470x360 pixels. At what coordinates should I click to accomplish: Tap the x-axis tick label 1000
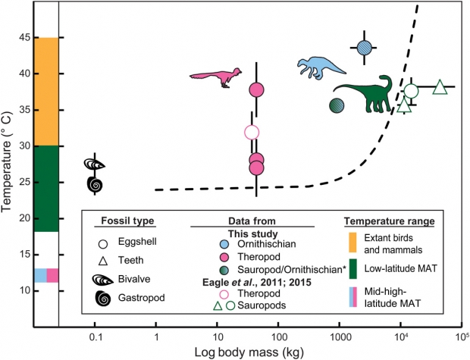pos(339,334)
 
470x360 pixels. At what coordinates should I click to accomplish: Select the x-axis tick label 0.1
pos(95,334)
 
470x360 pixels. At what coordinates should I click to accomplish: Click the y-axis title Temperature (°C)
pos(8,163)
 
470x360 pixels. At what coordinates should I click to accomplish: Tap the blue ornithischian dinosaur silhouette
pos(326,67)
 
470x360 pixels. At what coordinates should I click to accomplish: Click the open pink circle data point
pos(252,133)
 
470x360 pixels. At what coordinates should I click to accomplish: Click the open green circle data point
pos(411,92)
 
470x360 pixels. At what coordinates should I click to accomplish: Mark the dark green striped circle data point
pos(337,105)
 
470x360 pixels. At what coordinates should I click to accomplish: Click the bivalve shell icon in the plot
pos(95,164)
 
